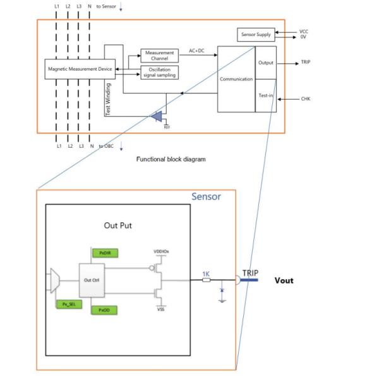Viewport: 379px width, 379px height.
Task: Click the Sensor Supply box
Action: click(256, 35)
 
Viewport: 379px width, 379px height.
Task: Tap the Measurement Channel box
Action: click(159, 56)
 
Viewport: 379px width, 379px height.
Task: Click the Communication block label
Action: click(236, 79)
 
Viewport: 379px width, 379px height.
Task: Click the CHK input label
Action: click(306, 99)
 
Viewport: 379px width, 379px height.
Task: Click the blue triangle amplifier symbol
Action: click(157, 116)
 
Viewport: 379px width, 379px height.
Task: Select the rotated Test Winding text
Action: click(108, 99)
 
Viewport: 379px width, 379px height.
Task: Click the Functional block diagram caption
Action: click(171, 159)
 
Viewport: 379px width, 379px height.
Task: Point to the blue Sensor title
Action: click(206, 196)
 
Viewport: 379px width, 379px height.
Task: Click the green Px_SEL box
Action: click(67, 304)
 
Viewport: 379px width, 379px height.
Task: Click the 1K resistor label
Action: click(205, 274)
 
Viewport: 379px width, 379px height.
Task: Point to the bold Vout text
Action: click(283, 280)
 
